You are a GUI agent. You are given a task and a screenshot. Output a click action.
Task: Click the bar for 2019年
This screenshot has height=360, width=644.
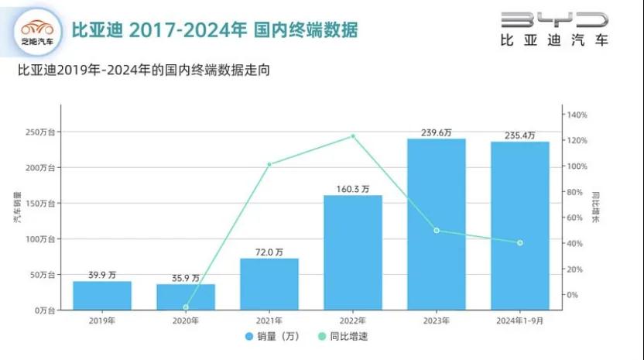coord(102,295)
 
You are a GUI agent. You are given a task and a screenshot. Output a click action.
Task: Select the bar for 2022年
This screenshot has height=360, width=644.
coord(352,252)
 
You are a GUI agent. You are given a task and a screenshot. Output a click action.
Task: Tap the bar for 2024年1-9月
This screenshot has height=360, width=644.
coord(519,225)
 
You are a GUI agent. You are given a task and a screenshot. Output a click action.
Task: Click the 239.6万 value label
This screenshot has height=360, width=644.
coord(436,132)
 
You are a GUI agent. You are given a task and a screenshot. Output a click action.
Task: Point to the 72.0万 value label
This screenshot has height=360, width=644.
coord(269,252)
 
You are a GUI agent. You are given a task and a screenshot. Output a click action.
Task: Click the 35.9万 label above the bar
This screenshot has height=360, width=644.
coord(185,277)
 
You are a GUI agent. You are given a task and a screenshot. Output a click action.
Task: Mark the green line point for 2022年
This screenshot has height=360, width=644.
coord(353,136)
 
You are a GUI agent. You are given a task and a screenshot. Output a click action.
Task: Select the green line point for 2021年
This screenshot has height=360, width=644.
coord(269,164)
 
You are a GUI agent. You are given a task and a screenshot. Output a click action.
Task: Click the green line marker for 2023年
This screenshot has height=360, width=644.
coord(437,230)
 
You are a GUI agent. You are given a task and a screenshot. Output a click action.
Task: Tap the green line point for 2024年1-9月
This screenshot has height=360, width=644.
coord(519,243)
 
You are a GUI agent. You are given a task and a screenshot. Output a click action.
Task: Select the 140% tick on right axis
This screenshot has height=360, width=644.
coord(577,115)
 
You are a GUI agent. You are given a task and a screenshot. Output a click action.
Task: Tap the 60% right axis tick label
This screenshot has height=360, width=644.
coord(576,218)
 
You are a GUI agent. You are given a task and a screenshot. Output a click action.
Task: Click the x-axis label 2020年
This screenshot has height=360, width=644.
coord(185,321)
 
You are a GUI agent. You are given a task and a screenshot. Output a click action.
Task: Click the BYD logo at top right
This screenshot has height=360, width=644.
coord(553,27)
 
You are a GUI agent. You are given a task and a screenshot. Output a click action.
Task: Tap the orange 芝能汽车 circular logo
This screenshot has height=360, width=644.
coord(37,31)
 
